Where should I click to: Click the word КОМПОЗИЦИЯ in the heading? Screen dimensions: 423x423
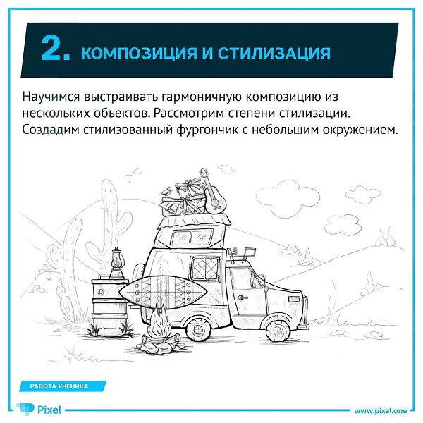pyautogui.click(x=139, y=53)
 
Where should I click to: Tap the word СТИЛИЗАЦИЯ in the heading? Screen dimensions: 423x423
pyautogui.click(x=274, y=53)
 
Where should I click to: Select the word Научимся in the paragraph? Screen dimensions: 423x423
pyautogui.click(x=51, y=97)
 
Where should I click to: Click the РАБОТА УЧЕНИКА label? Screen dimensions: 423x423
pyautogui.click(x=59, y=386)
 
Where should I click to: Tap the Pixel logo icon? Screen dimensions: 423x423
pyautogui.click(x=25, y=409)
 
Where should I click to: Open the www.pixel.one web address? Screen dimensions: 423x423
pyautogui.click(x=381, y=411)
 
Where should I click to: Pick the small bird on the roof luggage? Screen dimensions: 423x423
pyautogui.click(x=166, y=191)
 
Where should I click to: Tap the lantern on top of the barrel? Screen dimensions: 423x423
pyautogui.click(x=116, y=263)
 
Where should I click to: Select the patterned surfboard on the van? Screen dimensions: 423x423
pyautogui.click(x=163, y=292)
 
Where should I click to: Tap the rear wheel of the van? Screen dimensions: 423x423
pyautogui.click(x=199, y=329)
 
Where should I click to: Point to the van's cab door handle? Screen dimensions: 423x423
pyautogui.click(x=243, y=298)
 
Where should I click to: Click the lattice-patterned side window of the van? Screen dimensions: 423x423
pyautogui.click(x=205, y=267)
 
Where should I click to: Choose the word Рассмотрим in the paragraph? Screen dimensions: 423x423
pyautogui.click(x=190, y=114)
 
